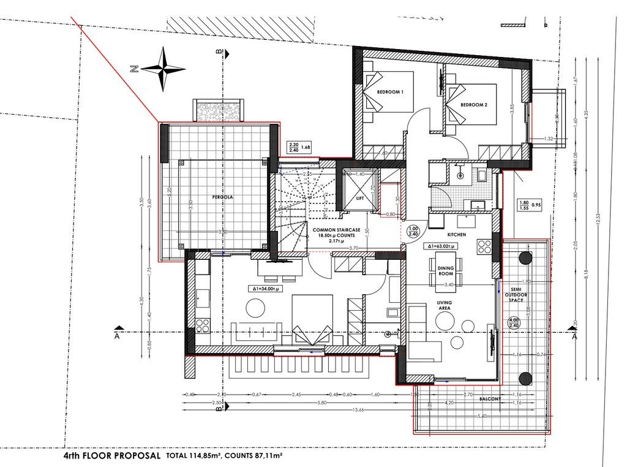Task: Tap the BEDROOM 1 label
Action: [390, 92]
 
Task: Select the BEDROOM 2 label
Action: [473, 105]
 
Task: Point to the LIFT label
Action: [360, 199]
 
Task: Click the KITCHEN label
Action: [457, 235]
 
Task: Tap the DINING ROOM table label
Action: [445, 270]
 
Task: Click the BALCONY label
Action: [491, 399]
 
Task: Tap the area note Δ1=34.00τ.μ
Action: [266, 288]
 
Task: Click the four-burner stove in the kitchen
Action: [484, 246]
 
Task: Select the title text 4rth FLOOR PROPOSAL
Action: [112, 456]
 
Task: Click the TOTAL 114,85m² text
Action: [192, 457]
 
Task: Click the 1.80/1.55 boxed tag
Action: [524, 205]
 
